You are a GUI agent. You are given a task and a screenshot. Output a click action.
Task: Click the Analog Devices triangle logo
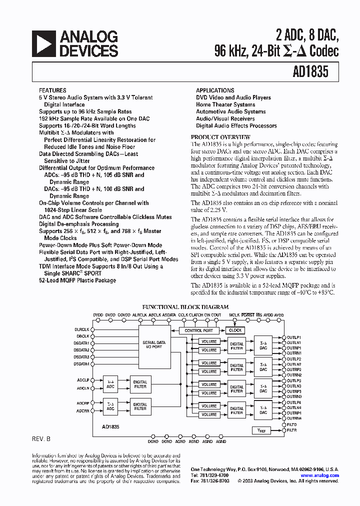click(x=43, y=43)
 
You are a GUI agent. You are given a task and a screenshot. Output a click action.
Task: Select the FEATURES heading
click(x=52, y=90)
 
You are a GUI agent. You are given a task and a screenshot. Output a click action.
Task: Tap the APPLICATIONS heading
click(x=215, y=90)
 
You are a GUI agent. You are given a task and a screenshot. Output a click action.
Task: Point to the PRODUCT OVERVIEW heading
click(x=220, y=137)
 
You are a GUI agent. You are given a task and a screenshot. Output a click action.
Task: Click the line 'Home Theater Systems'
click(x=225, y=104)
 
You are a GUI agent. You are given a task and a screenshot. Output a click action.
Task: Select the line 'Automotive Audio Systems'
click(x=230, y=111)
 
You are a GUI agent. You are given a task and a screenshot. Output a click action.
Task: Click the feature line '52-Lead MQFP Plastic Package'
click(x=77, y=280)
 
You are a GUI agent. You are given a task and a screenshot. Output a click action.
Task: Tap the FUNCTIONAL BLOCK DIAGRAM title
click(x=185, y=307)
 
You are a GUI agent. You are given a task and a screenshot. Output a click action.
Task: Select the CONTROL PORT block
click(x=198, y=330)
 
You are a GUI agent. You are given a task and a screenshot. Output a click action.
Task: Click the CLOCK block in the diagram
click(x=235, y=330)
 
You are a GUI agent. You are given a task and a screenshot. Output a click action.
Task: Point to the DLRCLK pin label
click(x=82, y=329)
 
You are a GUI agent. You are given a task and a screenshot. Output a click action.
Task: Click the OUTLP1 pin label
click(x=294, y=338)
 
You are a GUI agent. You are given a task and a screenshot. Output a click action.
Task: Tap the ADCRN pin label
click(x=83, y=410)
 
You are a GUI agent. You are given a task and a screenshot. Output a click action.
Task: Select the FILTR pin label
click(x=292, y=430)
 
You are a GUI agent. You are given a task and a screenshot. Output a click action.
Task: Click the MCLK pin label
click(x=234, y=315)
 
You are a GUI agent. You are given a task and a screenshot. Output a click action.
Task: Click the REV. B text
click(x=41, y=438)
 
